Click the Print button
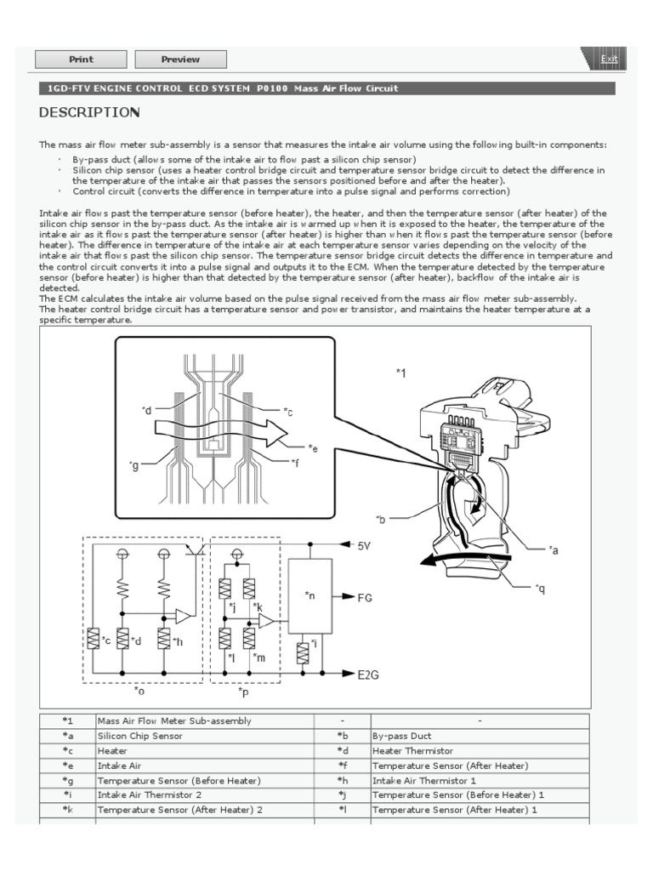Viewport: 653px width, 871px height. (x=81, y=60)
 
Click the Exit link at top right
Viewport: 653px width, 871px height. (x=609, y=59)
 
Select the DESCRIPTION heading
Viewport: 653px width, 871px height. (x=89, y=112)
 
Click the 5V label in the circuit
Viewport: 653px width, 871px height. (x=364, y=545)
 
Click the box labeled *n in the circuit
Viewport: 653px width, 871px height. (x=309, y=596)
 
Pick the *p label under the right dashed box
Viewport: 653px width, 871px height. (x=243, y=692)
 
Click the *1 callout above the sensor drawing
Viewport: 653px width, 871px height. (x=401, y=373)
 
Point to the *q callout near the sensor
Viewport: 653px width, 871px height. (x=539, y=588)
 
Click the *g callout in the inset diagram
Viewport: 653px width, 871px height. (x=133, y=464)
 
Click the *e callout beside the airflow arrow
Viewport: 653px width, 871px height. (x=313, y=447)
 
